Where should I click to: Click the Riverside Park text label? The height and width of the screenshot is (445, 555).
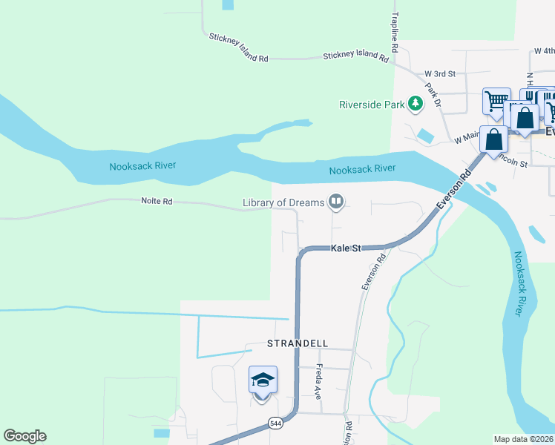(x=371, y=105)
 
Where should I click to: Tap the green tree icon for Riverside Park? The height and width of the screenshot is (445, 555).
(x=414, y=105)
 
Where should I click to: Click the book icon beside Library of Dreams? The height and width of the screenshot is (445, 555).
(x=336, y=202)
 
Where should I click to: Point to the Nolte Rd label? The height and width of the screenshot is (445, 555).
(x=157, y=201)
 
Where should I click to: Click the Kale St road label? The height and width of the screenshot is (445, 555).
(x=345, y=248)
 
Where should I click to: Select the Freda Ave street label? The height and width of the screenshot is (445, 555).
(x=319, y=382)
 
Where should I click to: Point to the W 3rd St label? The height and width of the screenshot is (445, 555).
(x=439, y=74)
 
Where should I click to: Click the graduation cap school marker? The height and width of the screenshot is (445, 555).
(x=263, y=380)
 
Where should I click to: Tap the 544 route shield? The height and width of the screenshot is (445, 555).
(x=275, y=423)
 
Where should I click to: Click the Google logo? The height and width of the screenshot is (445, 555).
(x=24, y=436)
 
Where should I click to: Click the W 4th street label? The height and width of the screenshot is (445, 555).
(x=544, y=52)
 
